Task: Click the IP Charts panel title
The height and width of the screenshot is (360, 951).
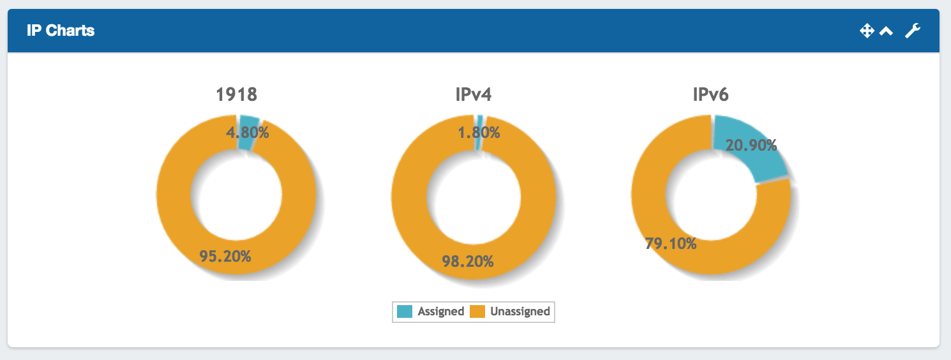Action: point(61,31)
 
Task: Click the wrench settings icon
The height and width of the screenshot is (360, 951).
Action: point(913,31)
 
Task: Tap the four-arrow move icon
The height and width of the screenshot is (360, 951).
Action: point(866,31)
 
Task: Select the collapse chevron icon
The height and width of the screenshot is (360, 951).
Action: point(886,31)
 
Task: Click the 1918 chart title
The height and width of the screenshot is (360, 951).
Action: point(236,95)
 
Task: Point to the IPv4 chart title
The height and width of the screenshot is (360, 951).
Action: point(473,95)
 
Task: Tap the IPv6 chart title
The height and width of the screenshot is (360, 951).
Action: point(710,95)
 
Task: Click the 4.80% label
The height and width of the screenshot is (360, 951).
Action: point(248,133)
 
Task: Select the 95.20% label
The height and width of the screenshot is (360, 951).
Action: point(225,256)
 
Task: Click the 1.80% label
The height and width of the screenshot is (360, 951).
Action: point(479,133)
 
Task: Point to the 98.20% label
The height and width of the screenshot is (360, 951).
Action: point(467,260)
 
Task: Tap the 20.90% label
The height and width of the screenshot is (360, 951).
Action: point(751,146)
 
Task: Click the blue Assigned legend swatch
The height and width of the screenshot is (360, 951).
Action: point(405,311)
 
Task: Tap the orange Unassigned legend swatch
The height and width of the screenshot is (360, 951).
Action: point(477,311)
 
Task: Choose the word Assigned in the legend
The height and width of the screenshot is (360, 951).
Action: point(440,311)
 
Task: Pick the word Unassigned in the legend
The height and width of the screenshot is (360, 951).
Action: point(520,311)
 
